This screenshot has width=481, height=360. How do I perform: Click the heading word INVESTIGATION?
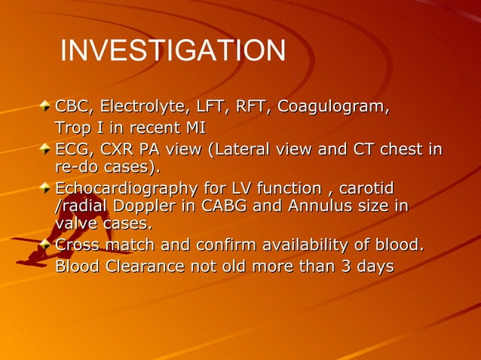point(173,51)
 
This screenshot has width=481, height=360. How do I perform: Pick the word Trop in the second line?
point(74,128)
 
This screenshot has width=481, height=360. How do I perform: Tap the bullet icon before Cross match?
point(47,245)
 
